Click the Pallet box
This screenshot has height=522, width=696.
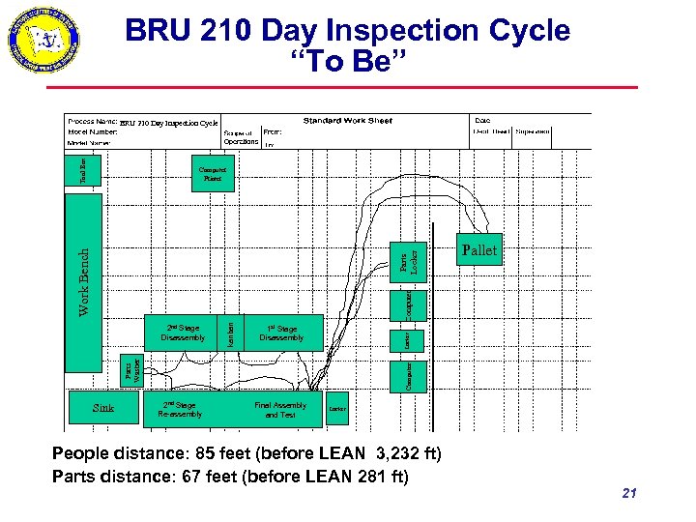tap(479, 250)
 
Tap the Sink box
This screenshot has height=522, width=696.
tap(103, 408)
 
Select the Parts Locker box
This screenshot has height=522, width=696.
tap(410, 262)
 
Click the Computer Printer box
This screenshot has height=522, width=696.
tap(213, 173)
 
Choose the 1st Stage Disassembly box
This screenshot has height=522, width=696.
tap(281, 333)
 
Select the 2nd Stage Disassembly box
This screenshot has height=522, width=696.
tap(183, 333)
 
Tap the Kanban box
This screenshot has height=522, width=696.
tap(230, 334)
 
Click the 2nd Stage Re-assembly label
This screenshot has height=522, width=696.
tap(181, 410)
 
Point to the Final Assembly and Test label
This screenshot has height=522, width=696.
tap(280, 410)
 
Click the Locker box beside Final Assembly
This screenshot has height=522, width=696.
tap(337, 409)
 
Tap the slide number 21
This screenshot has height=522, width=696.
tap(629, 494)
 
